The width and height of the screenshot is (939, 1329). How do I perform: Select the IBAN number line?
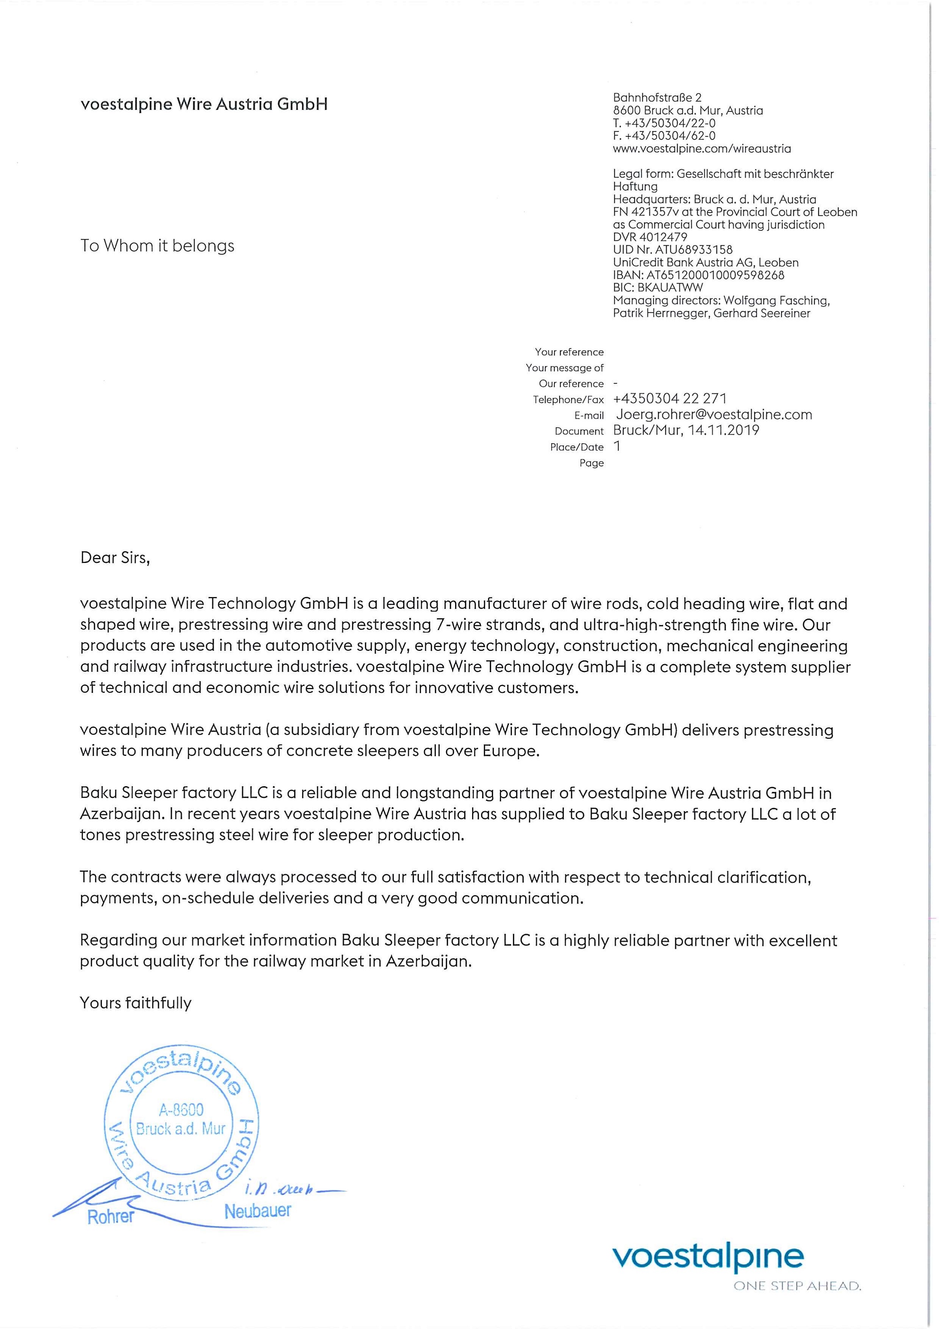click(698, 275)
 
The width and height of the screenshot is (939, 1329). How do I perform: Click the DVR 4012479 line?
click(650, 237)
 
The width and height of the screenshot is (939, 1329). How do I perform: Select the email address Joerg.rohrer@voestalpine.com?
click(714, 414)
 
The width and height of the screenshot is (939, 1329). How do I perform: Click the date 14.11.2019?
click(723, 430)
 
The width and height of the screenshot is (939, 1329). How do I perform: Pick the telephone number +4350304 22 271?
click(670, 398)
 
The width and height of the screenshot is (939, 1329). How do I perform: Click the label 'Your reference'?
click(569, 352)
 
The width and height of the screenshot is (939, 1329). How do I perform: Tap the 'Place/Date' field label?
click(576, 447)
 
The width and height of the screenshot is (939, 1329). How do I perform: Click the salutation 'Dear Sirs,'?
click(115, 558)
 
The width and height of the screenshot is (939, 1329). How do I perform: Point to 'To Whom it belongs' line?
click(157, 246)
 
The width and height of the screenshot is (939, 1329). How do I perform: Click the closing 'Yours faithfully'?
click(135, 1003)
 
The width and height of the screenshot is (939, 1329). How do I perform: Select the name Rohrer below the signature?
click(111, 1217)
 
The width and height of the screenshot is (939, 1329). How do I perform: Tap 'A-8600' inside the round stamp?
click(181, 1110)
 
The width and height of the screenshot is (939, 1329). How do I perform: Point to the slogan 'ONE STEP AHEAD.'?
click(797, 1286)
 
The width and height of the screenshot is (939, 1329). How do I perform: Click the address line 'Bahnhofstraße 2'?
click(657, 97)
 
